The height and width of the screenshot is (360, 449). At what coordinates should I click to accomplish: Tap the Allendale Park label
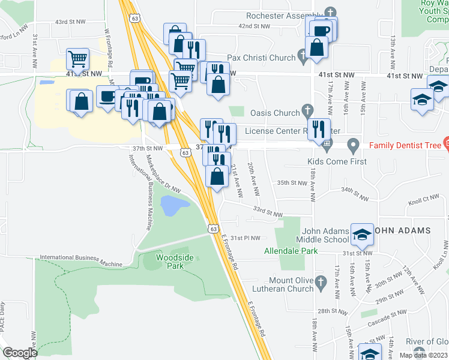point(291,251)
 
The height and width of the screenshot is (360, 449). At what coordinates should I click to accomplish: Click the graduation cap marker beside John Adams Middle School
point(362,235)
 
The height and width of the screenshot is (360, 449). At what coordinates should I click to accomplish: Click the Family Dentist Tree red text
point(405,145)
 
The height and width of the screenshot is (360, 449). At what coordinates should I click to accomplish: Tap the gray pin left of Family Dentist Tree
point(354,145)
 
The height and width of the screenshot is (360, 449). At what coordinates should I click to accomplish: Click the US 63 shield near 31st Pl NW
point(213,229)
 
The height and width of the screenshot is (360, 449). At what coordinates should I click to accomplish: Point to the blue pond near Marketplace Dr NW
point(171,206)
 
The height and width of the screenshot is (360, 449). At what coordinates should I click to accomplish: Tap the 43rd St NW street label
point(70,22)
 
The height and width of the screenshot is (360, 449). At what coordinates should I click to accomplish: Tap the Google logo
point(20,353)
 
